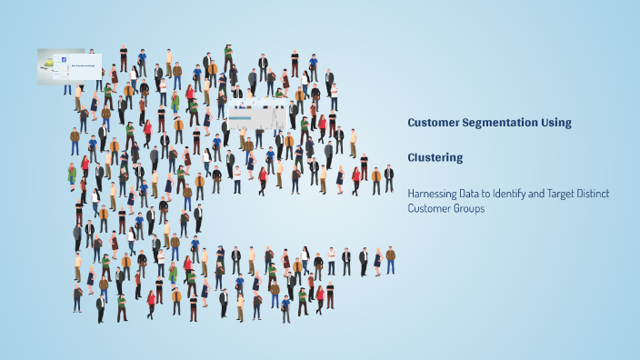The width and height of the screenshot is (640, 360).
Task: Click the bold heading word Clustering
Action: click(x=435, y=157)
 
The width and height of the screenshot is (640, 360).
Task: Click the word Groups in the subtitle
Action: click(x=466, y=208)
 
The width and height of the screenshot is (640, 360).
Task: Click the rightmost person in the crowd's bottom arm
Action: click(x=390, y=260)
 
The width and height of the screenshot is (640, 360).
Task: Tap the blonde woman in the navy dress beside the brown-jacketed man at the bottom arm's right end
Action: click(x=377, y=260)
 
